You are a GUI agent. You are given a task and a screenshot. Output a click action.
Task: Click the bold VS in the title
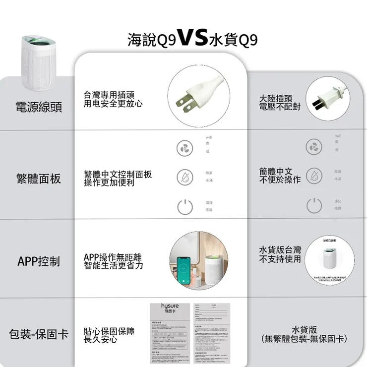(192, 38)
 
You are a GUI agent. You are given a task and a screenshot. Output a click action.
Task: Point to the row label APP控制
(39, 261)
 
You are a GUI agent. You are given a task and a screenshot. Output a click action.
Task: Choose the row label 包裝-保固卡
(39, 334)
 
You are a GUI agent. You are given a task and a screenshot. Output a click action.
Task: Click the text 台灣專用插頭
(109, 95)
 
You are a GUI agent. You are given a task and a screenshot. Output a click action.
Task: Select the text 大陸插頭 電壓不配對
(279, 103)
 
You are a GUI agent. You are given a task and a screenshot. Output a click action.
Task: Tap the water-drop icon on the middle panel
(184, 177)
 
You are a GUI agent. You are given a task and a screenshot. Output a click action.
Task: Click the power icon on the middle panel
(184, 207)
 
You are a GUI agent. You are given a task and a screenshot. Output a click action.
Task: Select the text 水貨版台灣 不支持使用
(280, 254)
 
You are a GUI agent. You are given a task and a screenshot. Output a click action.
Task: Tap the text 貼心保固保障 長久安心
(109, 335)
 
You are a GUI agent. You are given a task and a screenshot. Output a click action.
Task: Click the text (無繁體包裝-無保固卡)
(304, 339)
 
